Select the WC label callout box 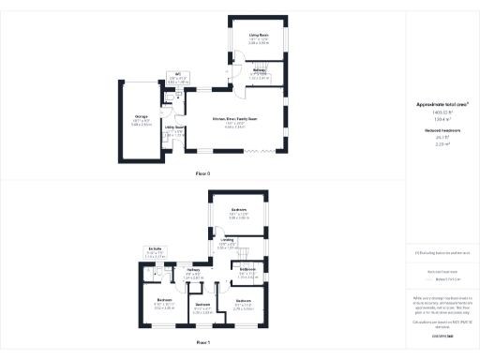tap(177, 79)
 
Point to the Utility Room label tap(173, 127)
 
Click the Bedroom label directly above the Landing tap(239, 212)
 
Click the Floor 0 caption tap(203, 174)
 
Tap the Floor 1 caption tap(203, 344)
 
